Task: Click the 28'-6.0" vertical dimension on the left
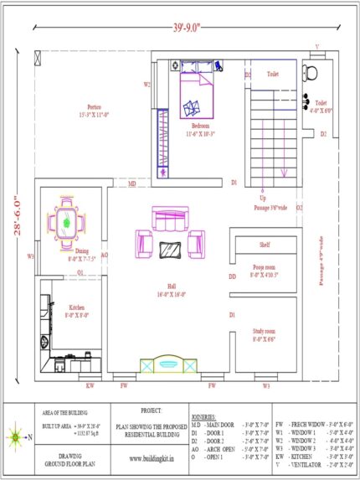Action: (15, 215)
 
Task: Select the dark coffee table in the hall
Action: (171, 250)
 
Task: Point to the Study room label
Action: (265, 336)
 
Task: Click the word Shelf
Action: (264, 245)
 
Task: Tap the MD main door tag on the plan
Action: (132, 183)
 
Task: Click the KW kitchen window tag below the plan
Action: (90, 386)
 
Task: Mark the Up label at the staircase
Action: (264, 198)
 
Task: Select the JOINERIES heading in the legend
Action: (203, 415)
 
